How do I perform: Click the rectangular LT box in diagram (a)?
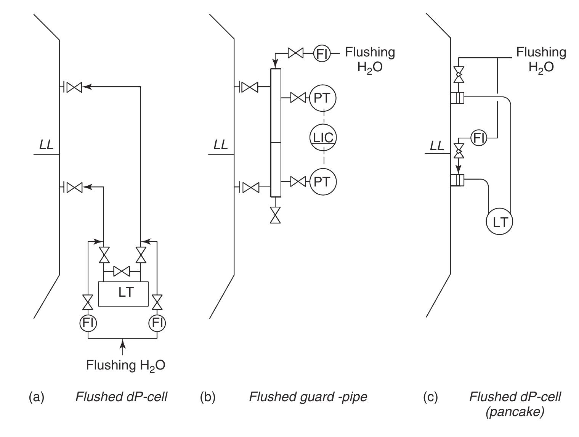click(123, 293)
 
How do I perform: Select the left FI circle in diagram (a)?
click(88, 323)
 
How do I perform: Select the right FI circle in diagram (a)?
click(157, 323)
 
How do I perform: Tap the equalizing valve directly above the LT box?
click(122, 271)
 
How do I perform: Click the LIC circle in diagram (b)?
click(323, 137)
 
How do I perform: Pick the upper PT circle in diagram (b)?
click(323, 98)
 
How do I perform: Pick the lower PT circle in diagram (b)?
click(323, 182)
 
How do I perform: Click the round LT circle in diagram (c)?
click(499, 222)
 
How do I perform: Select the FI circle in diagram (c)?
click(479, 138)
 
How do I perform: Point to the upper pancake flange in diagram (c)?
click(457, 97)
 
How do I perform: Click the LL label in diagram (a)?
click(47, 145)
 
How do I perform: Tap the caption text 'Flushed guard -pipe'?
click(308, 397)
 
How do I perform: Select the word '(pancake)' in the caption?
click(515, 412)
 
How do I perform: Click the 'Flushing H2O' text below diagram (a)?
click(125, 365)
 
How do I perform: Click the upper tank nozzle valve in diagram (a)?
click(74, 87)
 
